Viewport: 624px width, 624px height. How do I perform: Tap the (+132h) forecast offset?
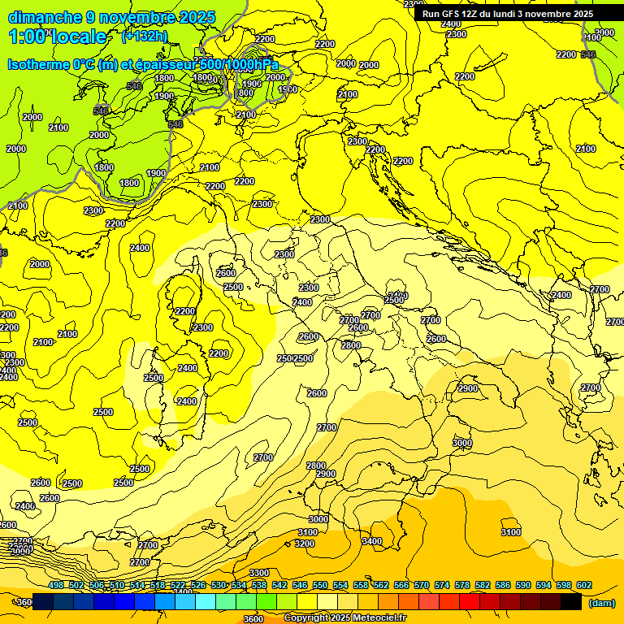click(145, 36)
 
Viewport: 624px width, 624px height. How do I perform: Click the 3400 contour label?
click(371, 541)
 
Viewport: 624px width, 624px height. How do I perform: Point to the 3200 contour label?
click(305, 544)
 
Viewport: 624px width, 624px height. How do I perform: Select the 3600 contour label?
click(253, 618)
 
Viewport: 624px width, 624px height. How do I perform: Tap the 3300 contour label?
click(258, 574)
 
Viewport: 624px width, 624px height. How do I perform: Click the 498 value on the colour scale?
click(56, 585)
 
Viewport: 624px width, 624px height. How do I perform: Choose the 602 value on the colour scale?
click(583, 585)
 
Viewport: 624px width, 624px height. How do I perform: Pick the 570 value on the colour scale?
click(421, 585)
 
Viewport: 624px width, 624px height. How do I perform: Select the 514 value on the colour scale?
click(137, 585)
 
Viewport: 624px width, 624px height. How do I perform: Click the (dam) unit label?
click(601, 603)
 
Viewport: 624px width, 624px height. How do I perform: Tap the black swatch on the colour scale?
click(571, 602)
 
